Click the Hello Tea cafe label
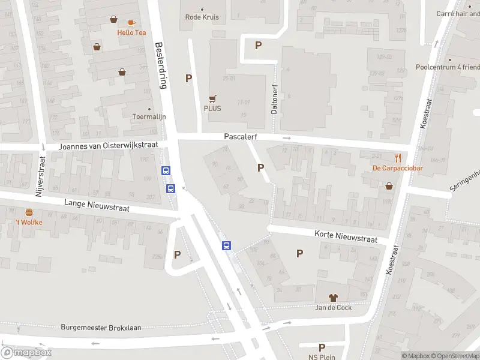tap(131, 32)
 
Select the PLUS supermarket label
tap(212, 109)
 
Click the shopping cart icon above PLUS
tap(212, 98)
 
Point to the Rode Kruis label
tap(202, 17)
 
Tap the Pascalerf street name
tap(241, 137)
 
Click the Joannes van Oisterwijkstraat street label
tap(108, 146)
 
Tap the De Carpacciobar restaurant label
tap(397, 168)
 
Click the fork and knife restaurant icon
tap(381, 157)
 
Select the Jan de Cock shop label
tap(334, 308)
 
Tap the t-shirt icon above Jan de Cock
tap(333, 298)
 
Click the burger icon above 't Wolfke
tap(29, 212)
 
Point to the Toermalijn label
tap(149, 116)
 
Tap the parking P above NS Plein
tap(322, 347)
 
